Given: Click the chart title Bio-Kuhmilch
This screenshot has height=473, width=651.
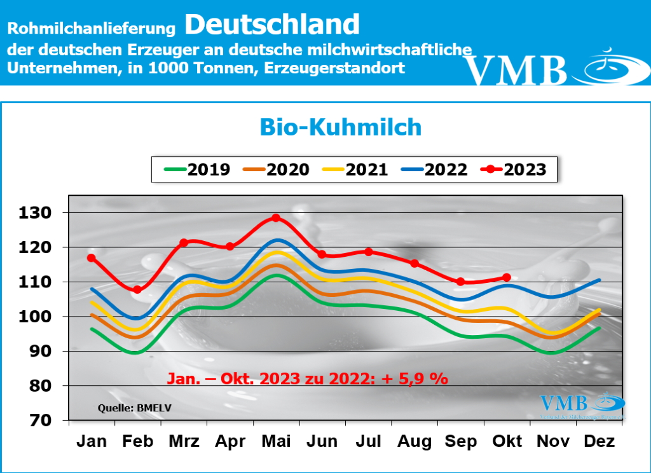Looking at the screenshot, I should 340,127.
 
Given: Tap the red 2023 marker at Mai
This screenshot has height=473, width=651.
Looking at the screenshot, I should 276,218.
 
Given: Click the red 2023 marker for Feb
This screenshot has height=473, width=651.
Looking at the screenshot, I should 137,290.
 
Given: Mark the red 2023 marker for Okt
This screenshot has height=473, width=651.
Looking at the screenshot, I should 507,277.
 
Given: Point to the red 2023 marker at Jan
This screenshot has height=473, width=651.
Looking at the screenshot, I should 92,258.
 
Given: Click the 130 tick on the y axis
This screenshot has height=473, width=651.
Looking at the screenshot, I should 37,212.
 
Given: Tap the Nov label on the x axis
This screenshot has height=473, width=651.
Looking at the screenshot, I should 552,441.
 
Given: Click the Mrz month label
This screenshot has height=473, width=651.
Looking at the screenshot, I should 184,441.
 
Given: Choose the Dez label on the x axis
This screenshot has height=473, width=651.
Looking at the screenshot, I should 599,441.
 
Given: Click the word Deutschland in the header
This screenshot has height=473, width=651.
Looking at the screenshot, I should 273,24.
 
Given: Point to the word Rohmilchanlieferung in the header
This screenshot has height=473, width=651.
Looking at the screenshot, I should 92,29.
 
